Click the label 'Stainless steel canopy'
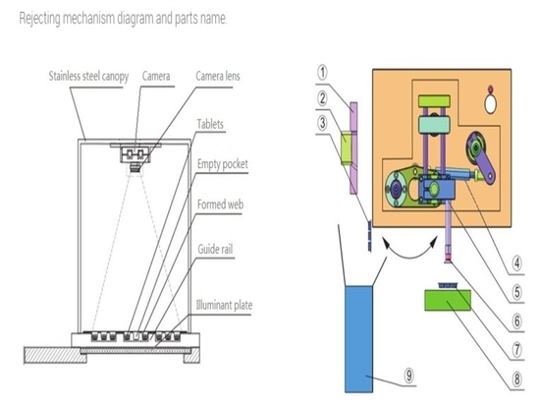88,77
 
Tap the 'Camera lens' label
218,76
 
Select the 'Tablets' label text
210,124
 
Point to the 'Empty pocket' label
223,164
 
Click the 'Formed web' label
220,204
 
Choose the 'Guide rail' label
215,249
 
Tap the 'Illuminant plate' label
224,305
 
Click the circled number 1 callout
322,73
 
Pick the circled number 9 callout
408,375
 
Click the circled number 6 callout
516,321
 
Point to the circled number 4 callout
516,263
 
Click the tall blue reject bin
358,339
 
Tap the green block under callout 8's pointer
448,300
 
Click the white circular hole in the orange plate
490,104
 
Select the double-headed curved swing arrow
409,257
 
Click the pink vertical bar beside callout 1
353,148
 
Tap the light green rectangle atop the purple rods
434,101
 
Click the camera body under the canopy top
135,154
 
